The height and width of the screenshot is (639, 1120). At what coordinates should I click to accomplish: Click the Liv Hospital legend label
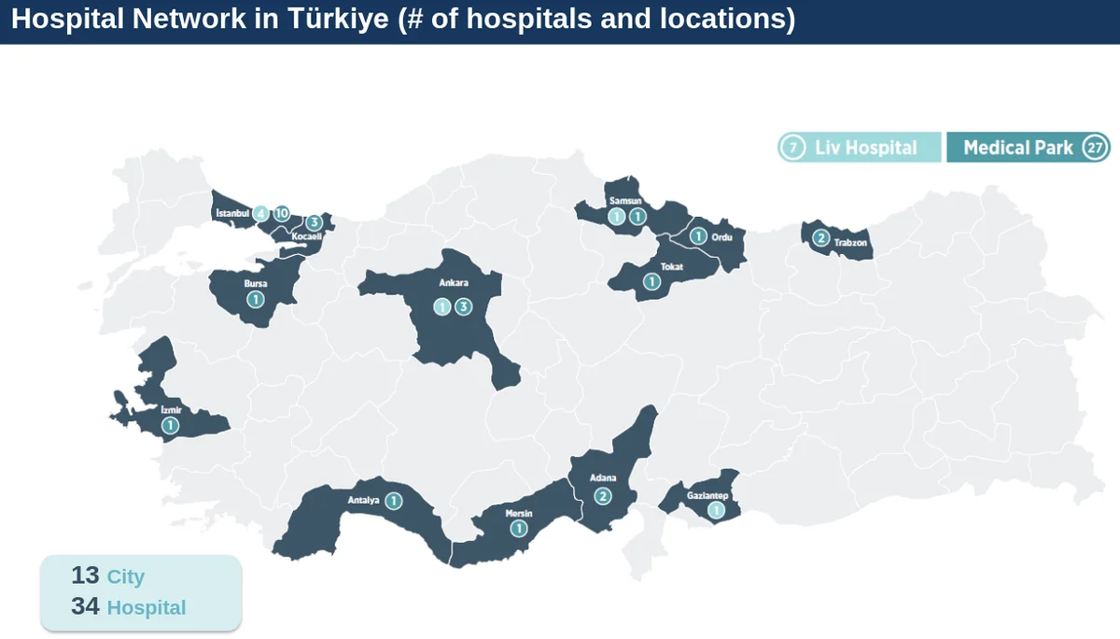(x=865, y=148)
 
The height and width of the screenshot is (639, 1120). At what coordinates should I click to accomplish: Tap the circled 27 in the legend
(x=1095, y=148)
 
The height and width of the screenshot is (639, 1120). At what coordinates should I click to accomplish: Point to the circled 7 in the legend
(x=792, y=148)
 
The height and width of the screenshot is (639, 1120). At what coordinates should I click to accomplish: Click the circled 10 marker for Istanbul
(x=282, y=213)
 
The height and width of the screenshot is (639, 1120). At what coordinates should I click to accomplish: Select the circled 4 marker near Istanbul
(x=261, y=213)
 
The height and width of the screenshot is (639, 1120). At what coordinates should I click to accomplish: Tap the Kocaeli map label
(x=306, y=237)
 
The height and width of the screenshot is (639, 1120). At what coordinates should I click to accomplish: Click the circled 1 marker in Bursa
(x=255, y=299)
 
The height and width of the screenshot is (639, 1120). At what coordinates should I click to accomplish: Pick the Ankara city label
(x=453, y=282)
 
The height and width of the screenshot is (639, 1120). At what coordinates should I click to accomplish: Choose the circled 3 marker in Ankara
(x=463, y=306)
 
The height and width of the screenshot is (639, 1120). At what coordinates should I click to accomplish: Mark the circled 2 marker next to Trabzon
(x=820, y=237)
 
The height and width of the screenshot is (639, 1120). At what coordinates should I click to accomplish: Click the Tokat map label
(x=671, y=267)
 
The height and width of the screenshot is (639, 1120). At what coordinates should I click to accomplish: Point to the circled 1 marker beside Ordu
(x=697, y=236)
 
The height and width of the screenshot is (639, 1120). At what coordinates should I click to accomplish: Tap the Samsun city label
(x=625, y=201)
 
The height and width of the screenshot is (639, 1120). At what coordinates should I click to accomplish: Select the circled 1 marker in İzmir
(x=170, y=426)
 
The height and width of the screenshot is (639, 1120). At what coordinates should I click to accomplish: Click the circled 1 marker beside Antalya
(x=394, y=501)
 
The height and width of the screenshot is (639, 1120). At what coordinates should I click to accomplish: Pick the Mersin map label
(x=518, y=513)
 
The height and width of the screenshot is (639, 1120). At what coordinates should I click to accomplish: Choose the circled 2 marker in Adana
(x=603, y=496)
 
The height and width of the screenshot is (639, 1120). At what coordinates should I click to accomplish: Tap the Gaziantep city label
(x=707, y=495)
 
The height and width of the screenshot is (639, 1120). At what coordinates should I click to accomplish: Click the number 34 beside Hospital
(x=85, y=606)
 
